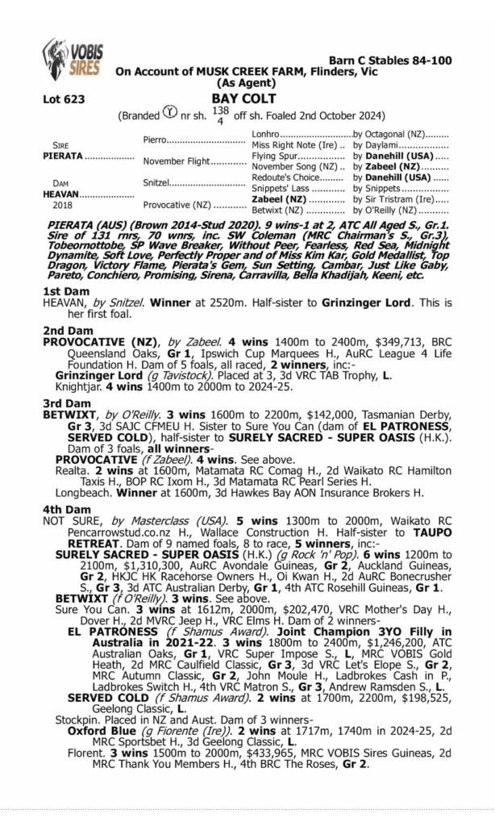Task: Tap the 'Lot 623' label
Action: tap(63, 99)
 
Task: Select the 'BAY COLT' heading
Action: tap(243, 99)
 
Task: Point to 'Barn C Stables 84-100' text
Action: tap(390, 60)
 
